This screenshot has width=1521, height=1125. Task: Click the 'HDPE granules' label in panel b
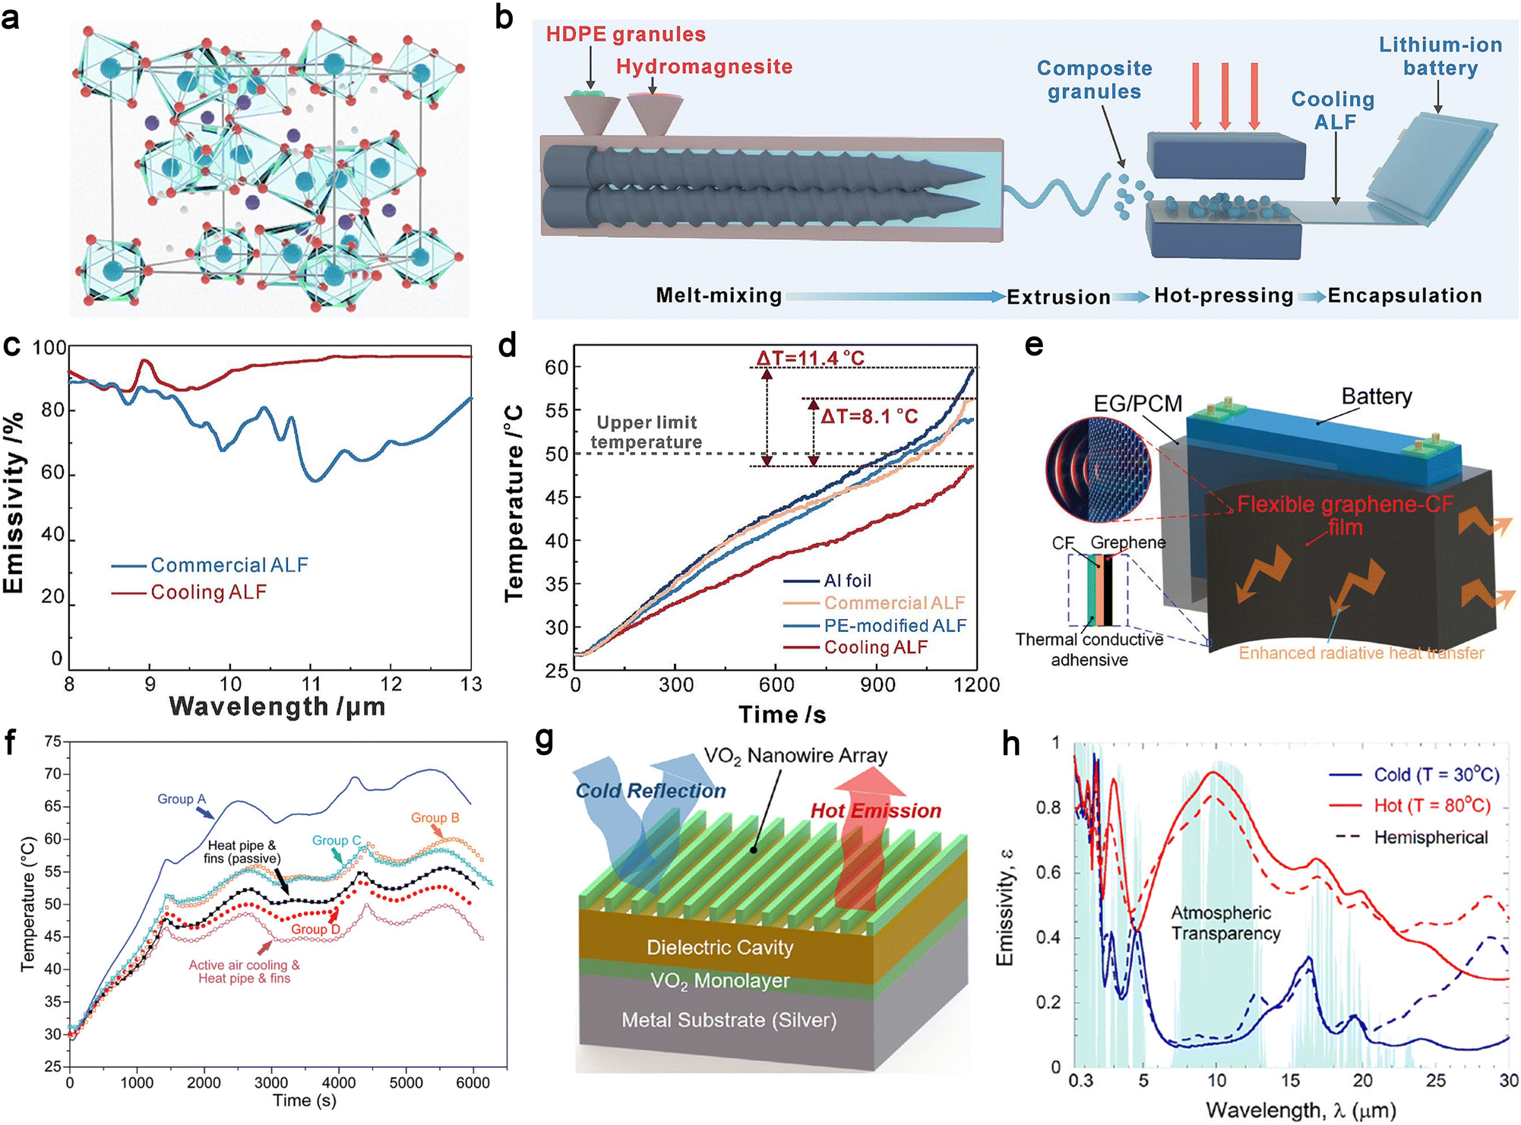(x=625, y=34)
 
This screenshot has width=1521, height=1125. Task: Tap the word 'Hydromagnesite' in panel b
(x=704, y=67)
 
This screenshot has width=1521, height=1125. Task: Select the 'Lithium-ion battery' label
(x=1440, y=56)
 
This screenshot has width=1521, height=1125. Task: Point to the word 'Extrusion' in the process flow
(x=1058, y=296)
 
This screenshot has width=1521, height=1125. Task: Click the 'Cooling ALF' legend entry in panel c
(x=208, y=593)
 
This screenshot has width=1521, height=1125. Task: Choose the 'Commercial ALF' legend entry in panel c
(x=229, y=565)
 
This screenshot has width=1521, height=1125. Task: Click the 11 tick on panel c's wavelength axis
(x=310, y=684)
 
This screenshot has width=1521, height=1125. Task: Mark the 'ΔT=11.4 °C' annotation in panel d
(x=810, y=358)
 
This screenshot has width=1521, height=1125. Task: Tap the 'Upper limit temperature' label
(x=646, y=432)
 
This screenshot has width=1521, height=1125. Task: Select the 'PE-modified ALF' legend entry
(x=894, y=625)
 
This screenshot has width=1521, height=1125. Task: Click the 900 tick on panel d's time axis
(x=877, y=685)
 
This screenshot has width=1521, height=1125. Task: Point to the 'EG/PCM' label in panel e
(x=1137, y=403)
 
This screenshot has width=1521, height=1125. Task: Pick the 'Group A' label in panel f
(x=182, y=799)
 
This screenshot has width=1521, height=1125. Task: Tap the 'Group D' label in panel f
(x=315, y=929)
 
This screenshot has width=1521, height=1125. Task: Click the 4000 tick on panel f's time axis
(x=338, y=1082)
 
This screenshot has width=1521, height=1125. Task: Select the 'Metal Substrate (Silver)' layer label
(x=729, y=1019)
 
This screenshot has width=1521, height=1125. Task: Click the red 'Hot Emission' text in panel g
(x=875, y=811)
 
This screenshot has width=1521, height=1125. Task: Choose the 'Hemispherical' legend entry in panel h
(x=1431, y=837)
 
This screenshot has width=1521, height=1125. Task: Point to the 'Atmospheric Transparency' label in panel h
(x=1225, y=923)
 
